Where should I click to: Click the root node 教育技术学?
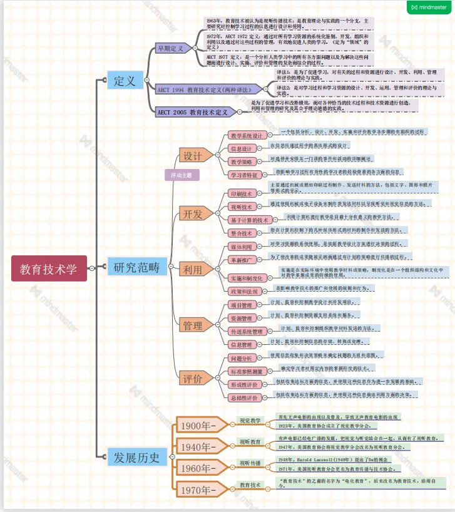tap(48, 269)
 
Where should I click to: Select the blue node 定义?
tap(125, 81)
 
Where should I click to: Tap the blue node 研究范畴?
tap(136, 268)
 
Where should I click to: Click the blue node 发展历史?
tap(137, 456)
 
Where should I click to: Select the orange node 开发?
tap(192, 214)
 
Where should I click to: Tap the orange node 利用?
tap(192, 270)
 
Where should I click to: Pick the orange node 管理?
tap(192, 325)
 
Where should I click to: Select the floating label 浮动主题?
tap(181, 175)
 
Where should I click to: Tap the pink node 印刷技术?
tap(241, 193)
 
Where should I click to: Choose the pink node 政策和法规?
tap(244, 292)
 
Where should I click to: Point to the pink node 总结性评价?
tap(244, 397)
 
